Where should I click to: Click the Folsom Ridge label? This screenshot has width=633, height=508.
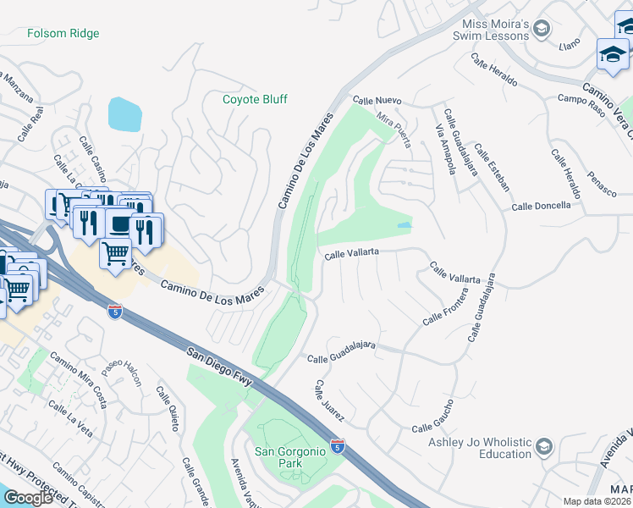coord(63,33)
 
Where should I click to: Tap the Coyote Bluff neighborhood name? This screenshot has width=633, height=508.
coord(255,99)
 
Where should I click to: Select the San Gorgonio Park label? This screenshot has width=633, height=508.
coord(290,457)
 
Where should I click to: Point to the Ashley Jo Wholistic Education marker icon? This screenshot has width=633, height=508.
coord(543,446)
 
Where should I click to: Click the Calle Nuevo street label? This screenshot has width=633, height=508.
coord(377,101)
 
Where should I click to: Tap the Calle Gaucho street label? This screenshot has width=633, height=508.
coord(433,417)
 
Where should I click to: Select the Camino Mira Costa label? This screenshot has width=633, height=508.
coord(78,373)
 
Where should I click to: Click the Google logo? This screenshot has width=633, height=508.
coord(28,497)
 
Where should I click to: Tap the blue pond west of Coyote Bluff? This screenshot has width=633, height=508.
coord(125,114)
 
